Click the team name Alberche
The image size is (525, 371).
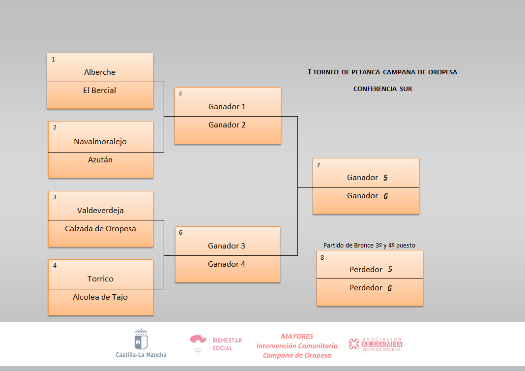click(x=100, y=72)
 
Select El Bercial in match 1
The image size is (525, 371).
click(x=100, y=91)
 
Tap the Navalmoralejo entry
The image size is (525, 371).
click(x=100, y=142)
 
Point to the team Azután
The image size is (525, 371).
click(x=100, y=160)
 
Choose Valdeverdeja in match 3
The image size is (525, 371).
click(x=100, y=211)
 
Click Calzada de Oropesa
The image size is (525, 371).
click(x=100, y=229)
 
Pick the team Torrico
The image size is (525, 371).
click(x=100, y=279)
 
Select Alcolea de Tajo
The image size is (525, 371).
click(x=100, y=297)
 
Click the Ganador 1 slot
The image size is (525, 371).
click(x=227, y=107)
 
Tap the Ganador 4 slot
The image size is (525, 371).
click(x=227, y=264)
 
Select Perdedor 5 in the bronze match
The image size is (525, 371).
click(x=371, y=270)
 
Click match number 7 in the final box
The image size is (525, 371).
click(x=319, y=165)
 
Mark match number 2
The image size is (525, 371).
click(x=55, y=127)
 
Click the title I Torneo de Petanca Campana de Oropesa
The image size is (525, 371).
click(x=382, y=72)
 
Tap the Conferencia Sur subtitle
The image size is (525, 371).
click(x=382, y=89)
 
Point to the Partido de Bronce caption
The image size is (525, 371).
click(x=373, y=245)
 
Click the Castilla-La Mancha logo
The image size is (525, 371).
click(x=141, y=343)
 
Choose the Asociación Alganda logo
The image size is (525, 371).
click(x=376, y=344)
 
